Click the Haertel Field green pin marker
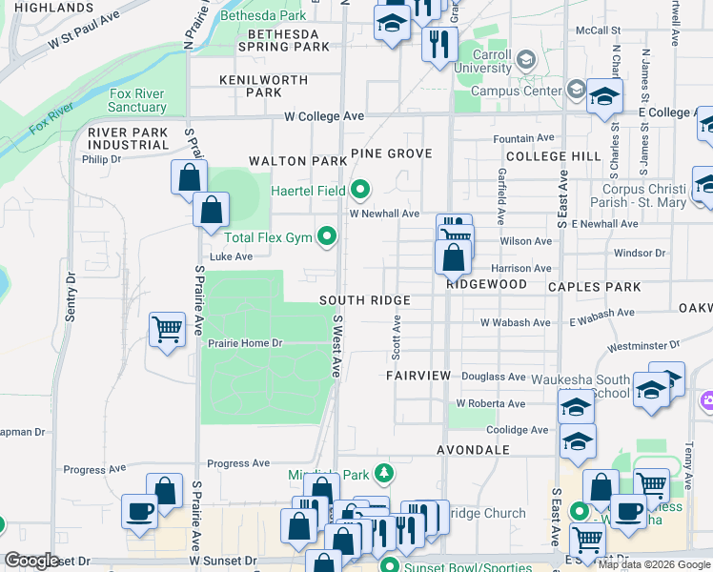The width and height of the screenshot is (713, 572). [x=359, y=191]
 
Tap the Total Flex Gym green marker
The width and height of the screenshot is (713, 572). [x=327, y=235]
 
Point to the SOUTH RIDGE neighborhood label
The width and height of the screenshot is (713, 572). [x=364, y=300]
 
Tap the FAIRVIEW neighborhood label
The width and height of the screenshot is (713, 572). [x=418, y=376]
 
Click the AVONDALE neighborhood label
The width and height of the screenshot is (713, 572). [x=473, y=449]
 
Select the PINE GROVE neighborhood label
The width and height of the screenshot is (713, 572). [x=391, y=153]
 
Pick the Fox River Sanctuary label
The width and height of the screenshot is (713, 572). [x=138, y=100]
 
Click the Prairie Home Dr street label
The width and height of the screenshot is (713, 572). [x=246, y=342]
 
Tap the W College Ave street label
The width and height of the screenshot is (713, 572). [x=324, y=116]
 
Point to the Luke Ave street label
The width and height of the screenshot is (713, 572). [x=231, y=256]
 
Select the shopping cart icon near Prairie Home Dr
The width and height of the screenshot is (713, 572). [x=167, y=329]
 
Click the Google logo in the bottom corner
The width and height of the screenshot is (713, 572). [x=32, y=561]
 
